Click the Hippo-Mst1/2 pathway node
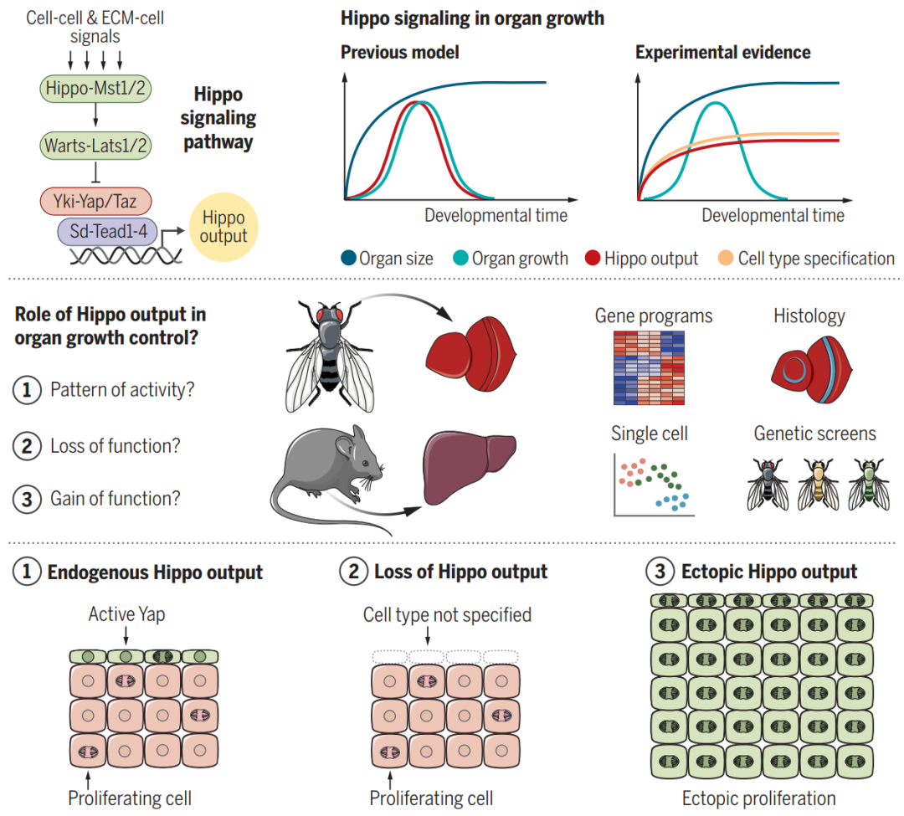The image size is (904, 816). (x=95, y=89)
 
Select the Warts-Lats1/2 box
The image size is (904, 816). (x=95, y=146)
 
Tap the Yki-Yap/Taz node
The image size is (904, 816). (x=95, y=201)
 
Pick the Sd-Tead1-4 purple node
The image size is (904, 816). (x=108, y=231)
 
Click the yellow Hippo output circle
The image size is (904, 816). (x=223, y=227)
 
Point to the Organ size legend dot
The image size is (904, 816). (x=348, y=258)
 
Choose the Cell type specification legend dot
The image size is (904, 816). (x=726, y=258)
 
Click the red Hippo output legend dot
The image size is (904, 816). (x=593, y=258)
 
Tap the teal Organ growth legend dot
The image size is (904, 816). (x=460, y=258)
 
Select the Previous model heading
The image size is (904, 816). (x=399, y=53)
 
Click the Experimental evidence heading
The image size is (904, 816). (x=723, y=53)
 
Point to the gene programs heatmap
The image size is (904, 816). (x=649, y=367)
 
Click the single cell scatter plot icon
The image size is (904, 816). (x=654, y=485)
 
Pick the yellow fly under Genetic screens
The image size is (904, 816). (x=818, y=485)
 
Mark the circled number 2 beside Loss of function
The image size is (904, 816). (x=27, y=446)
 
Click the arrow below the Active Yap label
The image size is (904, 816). (x=126, y=636)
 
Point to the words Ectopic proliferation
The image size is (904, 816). (x=758, y=798)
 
